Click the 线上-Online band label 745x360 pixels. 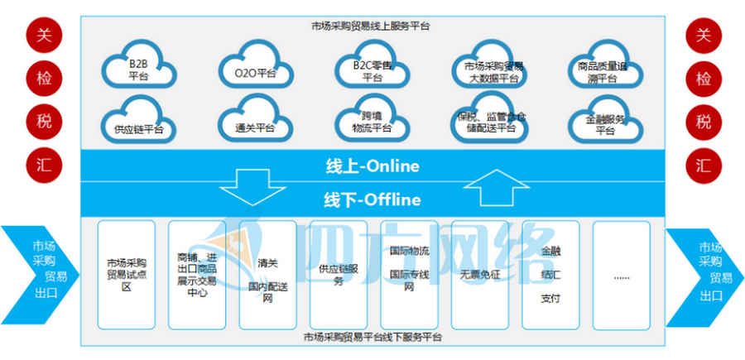[x=372, y=166]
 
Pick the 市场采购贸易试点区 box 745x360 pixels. [x=126, y=273]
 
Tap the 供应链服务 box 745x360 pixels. [x=337, y=273]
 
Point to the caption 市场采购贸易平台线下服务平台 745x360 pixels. [x=372, y=338]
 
